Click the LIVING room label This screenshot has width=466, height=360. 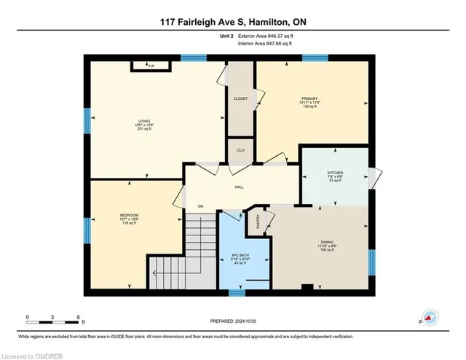click(x=143, y=122)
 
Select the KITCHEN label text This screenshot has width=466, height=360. click(x=334, y=173)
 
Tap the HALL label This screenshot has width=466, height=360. click(x=238, y=187)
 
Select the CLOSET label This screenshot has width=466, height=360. click(x=240, y=98)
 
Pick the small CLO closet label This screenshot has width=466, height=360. click(x=240, y=149)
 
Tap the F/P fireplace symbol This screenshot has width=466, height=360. click(x=151, y=66)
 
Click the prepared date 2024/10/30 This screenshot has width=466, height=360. click(x=234, y=321)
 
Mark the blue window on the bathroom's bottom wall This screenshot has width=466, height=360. click(x=236, y=293)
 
